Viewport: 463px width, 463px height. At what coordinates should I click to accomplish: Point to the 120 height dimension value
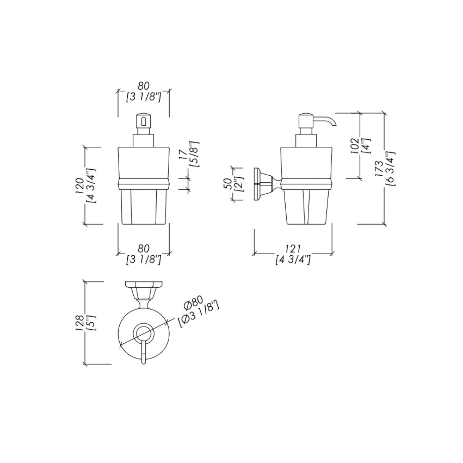coord(80,186)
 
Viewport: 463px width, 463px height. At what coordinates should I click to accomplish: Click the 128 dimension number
coord(80,323)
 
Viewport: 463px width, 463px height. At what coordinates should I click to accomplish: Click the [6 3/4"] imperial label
coord(390,169)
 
